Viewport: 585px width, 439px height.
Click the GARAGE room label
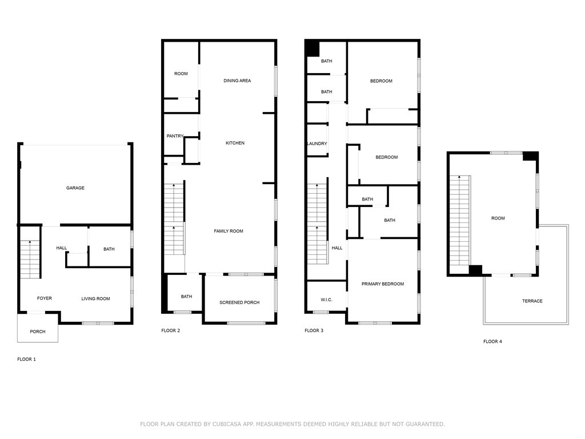pyautogui.click(x=75, y=187)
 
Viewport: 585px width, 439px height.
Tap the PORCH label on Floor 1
pyautogui.click(x=38, y=332)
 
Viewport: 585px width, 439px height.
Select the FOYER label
pyautogui.click(x=45, y=298)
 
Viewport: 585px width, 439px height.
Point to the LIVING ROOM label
pyautogui.click(x=95, y=298)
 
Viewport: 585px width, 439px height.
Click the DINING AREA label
pyautogui.click(x=237, y=81)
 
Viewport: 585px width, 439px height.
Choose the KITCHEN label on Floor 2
pyautogui.click(x=235, y=143)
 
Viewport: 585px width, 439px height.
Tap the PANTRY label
pyautogui.click(x=175, y=136)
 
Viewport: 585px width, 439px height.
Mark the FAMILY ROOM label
pyautogui.click(x=229, y=231)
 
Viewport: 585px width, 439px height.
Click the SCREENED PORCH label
pyautogui.click(x=239, y=302)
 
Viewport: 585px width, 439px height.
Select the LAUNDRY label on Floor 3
pyautogui.click(x=317, y=143)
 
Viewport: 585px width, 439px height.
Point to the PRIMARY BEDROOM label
pyautogui.click(x=383, y=284)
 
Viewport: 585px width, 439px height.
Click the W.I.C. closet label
pyautogui.click(x=326, y=300)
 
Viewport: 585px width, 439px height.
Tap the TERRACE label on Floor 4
pyautogui.click(x=532, y=301)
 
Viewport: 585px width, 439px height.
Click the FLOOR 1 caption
pyautogui.click(x=26, y=359)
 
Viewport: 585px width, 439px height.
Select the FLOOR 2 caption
pyautogui.click(x=170, y=330)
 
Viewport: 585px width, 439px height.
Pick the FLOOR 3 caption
pyautogui.click(x=314, y=330)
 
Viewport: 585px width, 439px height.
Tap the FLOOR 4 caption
pyautogui.click(x=492, y=341)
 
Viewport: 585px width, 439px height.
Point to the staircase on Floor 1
pyautogui.click(x=30, y=259)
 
